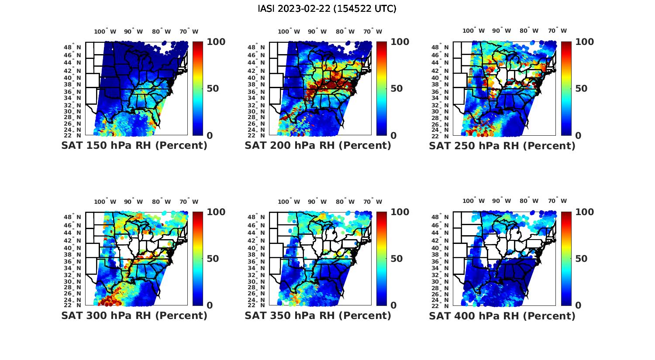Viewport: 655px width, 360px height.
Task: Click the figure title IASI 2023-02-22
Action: (x=327, y=9)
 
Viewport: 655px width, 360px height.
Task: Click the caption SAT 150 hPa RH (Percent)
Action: (x=134, y=146)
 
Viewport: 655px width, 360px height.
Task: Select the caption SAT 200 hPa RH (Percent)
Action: (x=318, y=146)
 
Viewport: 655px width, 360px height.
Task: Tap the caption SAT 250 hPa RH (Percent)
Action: (x=502, y=146)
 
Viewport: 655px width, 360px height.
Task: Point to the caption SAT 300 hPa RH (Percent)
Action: (x=134, y=315)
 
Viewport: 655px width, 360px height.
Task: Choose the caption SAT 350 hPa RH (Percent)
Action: (x=318, y=315)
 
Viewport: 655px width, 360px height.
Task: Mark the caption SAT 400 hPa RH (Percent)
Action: (x=502, y=315)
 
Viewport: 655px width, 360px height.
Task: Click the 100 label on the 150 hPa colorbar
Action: (x=216, y=42)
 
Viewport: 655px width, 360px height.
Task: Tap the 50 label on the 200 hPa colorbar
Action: (x=396, y=89)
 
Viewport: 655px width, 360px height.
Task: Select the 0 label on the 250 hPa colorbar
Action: (x=578, y=136)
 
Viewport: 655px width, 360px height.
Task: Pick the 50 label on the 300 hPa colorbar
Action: (x=212, y=259)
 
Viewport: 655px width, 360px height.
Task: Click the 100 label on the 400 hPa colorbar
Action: (x=585, y=212)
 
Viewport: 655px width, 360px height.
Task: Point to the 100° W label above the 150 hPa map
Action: (x=105, y=31)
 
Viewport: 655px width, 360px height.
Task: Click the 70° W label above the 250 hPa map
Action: (x=557, y=31)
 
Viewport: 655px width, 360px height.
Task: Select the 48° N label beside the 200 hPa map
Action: (x=256, y=47)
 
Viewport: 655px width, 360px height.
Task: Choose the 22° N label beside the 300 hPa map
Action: (x=72, y=305)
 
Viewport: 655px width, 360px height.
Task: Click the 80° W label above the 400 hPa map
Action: (x=529, y=201)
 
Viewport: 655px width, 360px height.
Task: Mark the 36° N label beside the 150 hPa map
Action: (x=72, y=92)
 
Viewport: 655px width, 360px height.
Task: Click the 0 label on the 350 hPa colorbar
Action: (x=393, y=305)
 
